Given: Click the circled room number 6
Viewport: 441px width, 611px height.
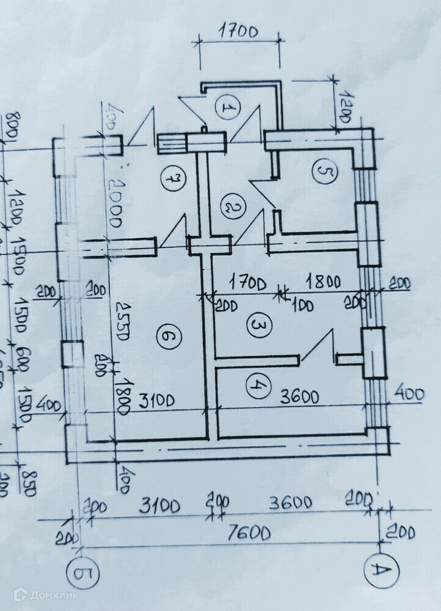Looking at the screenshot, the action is point(168,335).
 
